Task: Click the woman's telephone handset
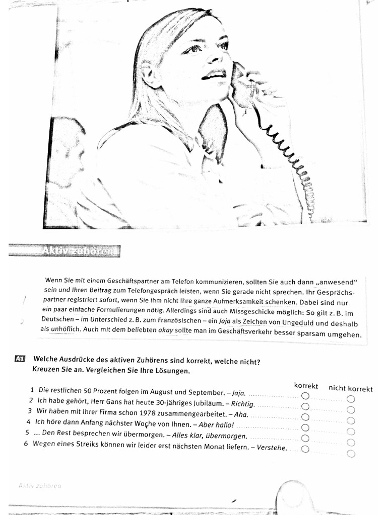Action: point(242,85)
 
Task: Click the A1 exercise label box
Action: point(20,359)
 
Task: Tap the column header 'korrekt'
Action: point(306,386)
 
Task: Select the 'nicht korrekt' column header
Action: point(351,388)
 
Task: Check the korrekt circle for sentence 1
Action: point(305,395)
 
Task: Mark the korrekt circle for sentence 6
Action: point(305,449)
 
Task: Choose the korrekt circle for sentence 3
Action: point(305,417)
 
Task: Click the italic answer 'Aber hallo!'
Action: point(217,424)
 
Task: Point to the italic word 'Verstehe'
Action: point(272,447)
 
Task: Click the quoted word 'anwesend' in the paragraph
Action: point(336,281)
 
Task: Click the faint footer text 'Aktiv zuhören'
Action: point(40,486)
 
